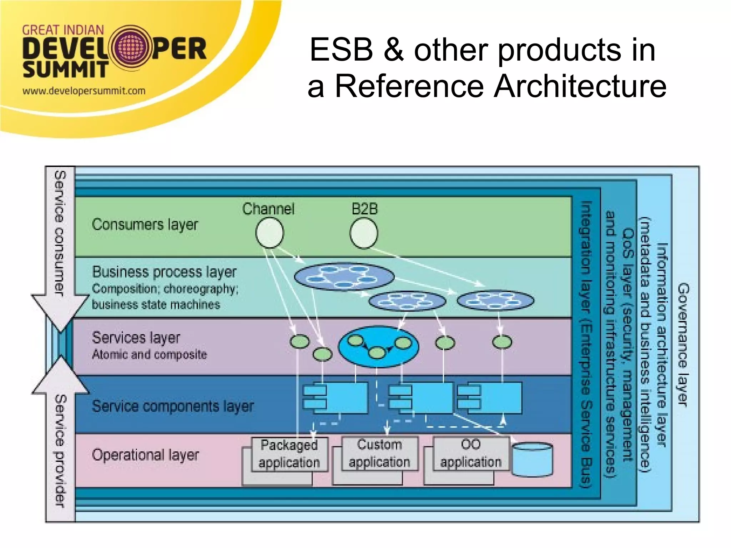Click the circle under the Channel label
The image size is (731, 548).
269,233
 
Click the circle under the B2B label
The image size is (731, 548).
363,233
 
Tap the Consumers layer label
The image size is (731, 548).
145,224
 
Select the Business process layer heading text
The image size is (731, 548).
164,272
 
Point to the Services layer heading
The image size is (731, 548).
136,338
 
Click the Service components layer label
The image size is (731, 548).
173,406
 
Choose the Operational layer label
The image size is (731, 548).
145,455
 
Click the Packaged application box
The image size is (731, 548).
289,454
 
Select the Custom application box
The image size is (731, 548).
379,453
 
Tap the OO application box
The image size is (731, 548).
470,453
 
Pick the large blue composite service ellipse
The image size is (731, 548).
378,346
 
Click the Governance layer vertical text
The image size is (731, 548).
683,345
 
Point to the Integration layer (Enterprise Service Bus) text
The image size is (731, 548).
586,345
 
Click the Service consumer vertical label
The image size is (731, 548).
60,234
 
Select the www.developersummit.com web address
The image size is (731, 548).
84,91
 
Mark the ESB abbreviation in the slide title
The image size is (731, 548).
341,50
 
